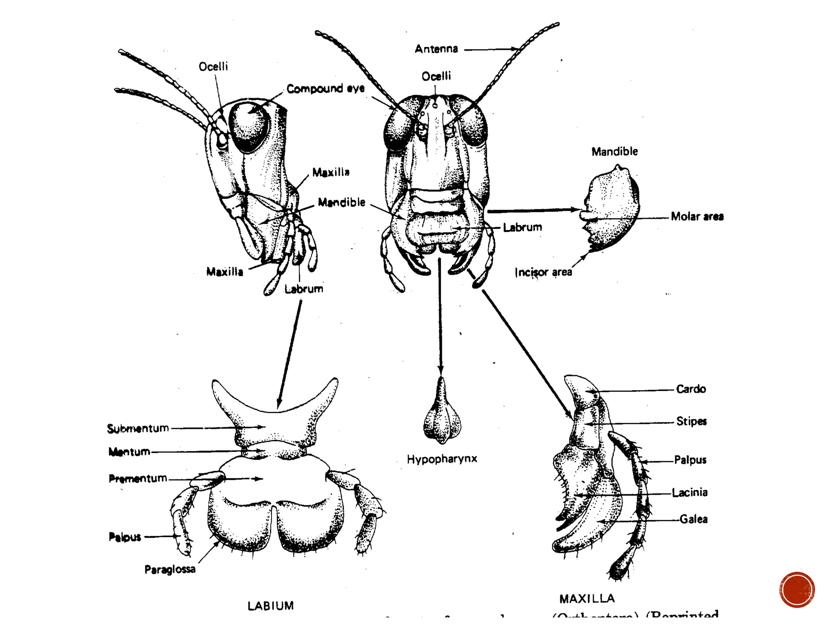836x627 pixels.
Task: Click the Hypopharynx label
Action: pos(442,459)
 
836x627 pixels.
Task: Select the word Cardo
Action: pos(691,389)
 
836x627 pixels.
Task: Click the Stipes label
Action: pos(691,421)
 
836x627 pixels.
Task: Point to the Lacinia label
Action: pos(689,493)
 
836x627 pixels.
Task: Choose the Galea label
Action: pos(693,519)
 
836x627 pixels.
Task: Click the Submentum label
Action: pos(138,428)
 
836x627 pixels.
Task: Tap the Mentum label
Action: pos(129,452)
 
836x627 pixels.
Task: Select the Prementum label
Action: pos(138,478)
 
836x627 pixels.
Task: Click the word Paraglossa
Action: pos(170,569)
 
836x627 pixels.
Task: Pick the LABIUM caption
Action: pos(271,606)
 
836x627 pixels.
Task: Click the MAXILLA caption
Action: pos(587,599)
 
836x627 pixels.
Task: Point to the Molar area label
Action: pos(697,216)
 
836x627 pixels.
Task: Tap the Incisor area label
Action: pos(543,272)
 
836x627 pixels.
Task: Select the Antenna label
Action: pos(436,49)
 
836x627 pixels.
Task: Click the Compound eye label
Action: pos(325,89)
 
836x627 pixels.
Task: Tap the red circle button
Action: pos(797,589)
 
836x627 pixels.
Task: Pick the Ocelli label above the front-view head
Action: pos(436,76)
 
